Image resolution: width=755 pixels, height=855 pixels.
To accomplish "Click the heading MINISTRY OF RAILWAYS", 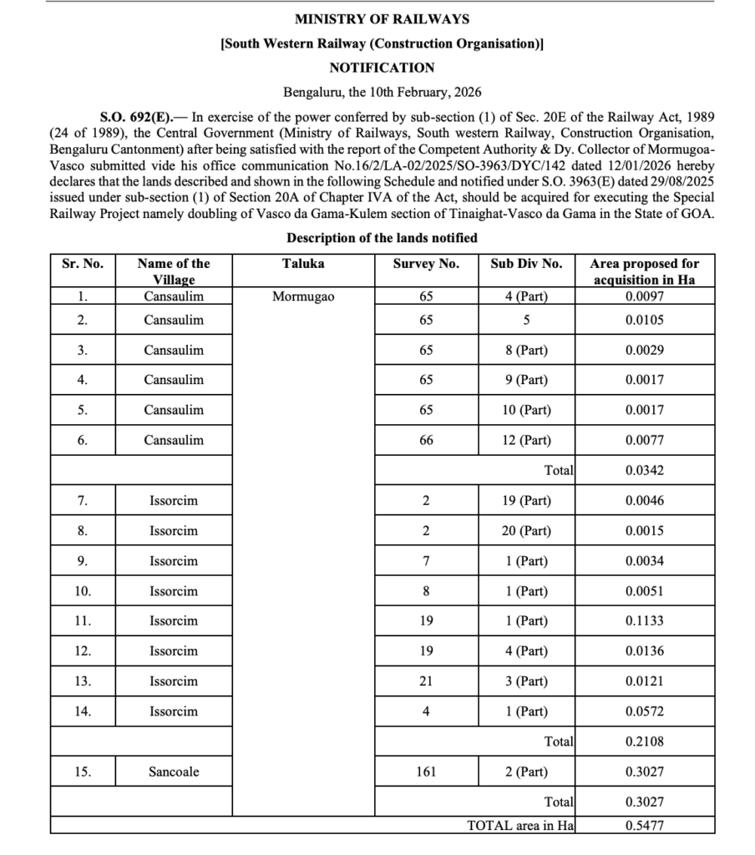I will click(x=382, y=18).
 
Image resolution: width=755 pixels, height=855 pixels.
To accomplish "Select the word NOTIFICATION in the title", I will click(x=382, y=68).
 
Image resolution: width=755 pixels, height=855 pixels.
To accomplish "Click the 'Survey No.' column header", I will click(x=426, y=264).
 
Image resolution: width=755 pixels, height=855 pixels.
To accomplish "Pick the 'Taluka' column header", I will click(x=303, y=264).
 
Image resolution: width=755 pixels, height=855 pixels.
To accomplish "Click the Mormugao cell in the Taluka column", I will click(x=303, y=296).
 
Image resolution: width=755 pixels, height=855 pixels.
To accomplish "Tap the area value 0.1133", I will click(x=644, y=620).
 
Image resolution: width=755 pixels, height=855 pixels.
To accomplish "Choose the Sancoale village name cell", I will click(x=174, y=772).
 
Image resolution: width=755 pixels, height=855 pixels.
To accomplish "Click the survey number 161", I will click(x=426, y=772).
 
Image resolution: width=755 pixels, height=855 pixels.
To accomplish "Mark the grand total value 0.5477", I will click(x=644, y=826).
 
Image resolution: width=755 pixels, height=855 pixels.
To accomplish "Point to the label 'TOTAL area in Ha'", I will click(x=520, y=826).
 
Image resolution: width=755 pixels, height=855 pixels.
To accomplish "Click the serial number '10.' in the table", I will click(x=83, y=591).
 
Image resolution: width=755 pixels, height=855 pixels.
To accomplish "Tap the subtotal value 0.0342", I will click(x=644, y=470).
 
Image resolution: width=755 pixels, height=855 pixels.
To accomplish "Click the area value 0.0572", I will click(x=644, y=711).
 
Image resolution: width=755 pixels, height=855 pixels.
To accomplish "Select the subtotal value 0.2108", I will click(x=644, y=741).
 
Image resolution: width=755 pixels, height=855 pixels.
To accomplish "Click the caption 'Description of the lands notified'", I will click(x=382, y=238).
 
